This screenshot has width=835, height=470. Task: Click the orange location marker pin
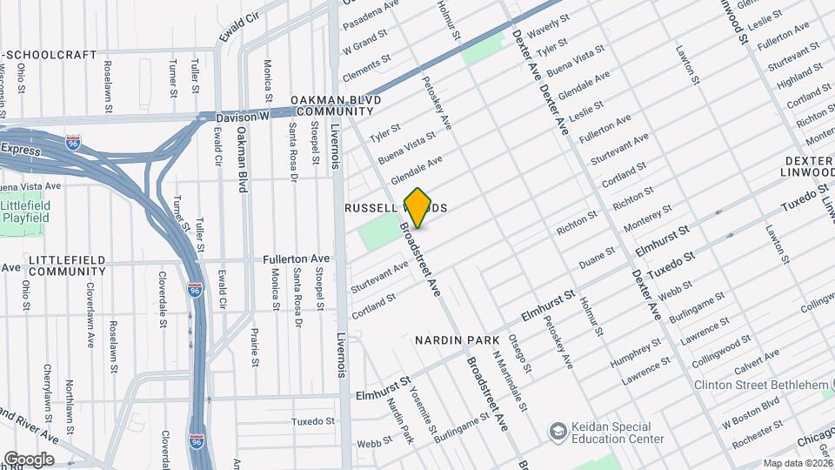pyautogui.click(x=418, y=208)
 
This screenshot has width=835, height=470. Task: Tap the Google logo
pyautogui.click(x=28, y=460)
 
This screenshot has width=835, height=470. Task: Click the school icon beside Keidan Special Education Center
pyautogui.click(x=557, y=432)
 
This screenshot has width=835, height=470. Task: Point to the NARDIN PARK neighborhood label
pyautogui.click(x=457, y=339)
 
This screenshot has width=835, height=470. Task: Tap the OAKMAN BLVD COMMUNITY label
pyautogui.click(x=320, y=105)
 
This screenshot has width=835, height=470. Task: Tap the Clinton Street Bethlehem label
pyautogui.click(x=763, y=385)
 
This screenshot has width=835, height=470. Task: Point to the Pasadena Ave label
pyautogui.click(x=370, y=15)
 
